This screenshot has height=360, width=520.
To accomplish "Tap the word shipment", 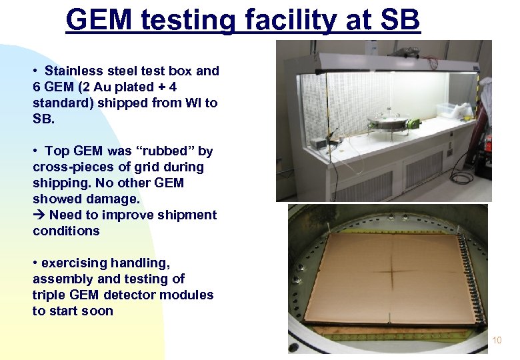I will coord(188,215).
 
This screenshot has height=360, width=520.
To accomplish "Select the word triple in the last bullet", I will coord(50,295).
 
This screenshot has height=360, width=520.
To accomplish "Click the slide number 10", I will coord(497,341).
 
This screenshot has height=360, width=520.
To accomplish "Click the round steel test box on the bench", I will coord(388,124).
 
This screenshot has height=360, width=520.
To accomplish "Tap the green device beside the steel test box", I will coord(414,123).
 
